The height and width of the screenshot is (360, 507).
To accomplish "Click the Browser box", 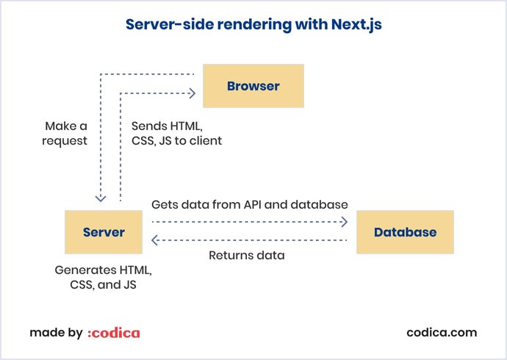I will click(253, 86).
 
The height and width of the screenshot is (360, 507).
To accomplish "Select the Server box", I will click(104, 232).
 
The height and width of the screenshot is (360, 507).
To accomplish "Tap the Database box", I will click(405, 232).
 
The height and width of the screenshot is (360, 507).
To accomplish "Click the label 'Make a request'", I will click(65, 133).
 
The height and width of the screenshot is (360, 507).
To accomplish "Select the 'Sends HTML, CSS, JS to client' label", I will click(176, 133).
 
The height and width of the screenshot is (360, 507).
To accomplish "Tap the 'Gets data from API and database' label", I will click(249, 204).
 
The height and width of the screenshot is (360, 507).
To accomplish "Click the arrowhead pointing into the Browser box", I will click(193, 93).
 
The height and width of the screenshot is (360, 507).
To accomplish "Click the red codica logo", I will click(114, 333).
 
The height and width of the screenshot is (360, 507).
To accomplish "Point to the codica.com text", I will click(442, 332).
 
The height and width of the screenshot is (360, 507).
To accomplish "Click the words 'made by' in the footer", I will click(56, 333).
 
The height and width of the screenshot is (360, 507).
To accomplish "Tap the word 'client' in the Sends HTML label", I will click(205, 140).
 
